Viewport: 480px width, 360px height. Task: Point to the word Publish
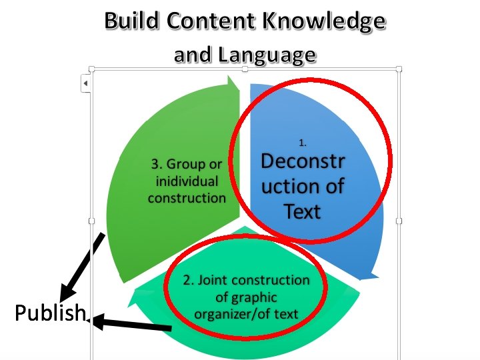pyautogui.click(x=51, y=313)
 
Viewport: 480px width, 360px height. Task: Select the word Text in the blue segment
pyautogui.click(x=303, y=211)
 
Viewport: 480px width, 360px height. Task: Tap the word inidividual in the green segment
pyautogui.click(x=187, y=181)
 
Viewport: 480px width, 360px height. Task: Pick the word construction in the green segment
pyautogui.click(x=187, y=197)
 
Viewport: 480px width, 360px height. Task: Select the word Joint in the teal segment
pyautogui.click(x=219, y=280)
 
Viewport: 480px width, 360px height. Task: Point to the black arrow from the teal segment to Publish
pyautogui.click(x=133, y=325)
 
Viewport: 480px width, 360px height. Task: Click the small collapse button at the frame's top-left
pyautogui.click(x=85, y=83)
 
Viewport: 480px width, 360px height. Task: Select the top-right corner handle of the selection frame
pyautogui.click(x=399, y=68)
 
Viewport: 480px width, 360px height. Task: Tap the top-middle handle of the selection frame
pyautogui.click(x=245, y=68)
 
